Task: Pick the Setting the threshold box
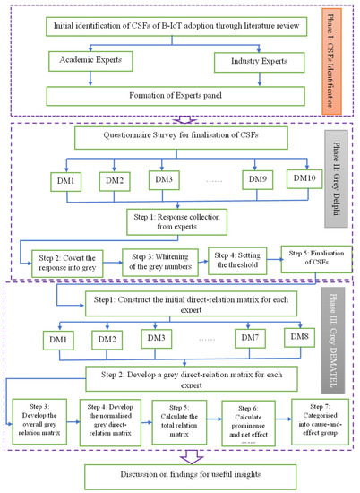(236, 258)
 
